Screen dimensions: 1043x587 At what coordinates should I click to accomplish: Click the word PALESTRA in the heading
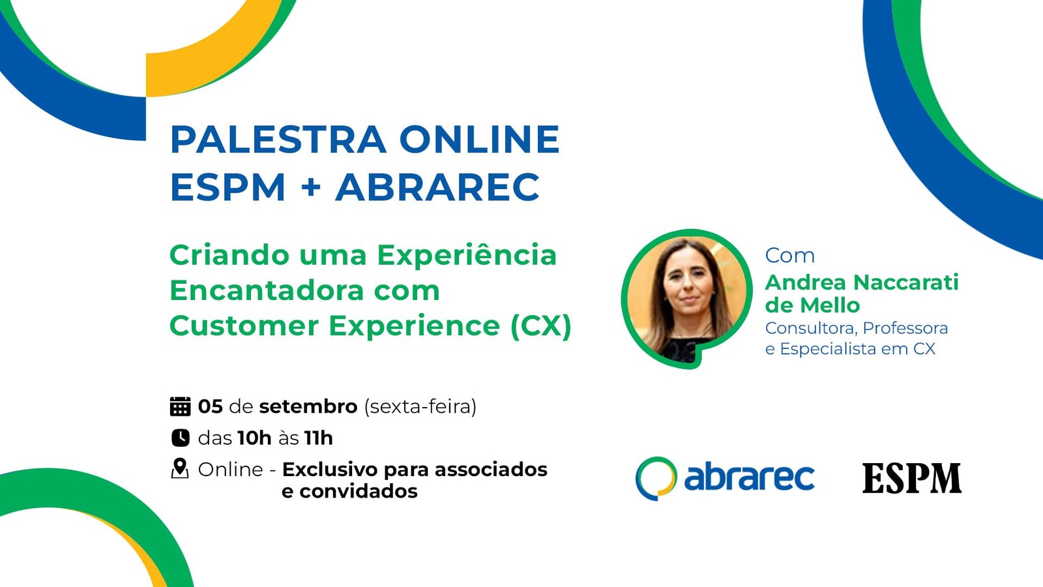pos(278,139)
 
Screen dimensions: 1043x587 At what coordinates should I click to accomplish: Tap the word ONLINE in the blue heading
pos(480,139)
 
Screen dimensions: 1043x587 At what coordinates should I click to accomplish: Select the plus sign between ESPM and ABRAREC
pos(311,187)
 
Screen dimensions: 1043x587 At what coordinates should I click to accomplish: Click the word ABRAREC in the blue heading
pos(437,187)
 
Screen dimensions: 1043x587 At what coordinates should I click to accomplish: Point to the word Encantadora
pos(266,290)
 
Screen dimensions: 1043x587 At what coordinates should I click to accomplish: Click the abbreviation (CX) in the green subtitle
pos(540,325)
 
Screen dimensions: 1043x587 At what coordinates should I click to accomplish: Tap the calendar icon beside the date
pos(180,406)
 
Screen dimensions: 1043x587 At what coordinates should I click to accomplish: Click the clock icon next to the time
pos(181,438)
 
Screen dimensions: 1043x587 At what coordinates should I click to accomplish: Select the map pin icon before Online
pos(180,469)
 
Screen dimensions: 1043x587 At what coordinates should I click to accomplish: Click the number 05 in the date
pos(211,407)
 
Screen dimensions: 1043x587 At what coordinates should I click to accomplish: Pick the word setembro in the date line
pos(308,407)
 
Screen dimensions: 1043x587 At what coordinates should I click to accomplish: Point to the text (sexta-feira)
pos(420,407)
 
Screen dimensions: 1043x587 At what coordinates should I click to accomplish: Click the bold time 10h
pos(254,438)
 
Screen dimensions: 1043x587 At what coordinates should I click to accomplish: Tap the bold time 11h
pos(319,438)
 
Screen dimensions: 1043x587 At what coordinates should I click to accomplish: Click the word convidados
pos(358,491)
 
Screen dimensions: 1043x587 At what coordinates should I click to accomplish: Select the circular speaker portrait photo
pos(687,299)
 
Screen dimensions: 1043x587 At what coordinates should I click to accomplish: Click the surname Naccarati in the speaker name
pos(906,282)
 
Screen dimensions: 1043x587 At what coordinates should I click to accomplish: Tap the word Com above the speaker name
pos(789,256)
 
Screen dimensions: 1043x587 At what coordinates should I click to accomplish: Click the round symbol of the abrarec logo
pos(656,479)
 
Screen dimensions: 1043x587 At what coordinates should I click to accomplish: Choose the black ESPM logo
pos(912,478)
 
